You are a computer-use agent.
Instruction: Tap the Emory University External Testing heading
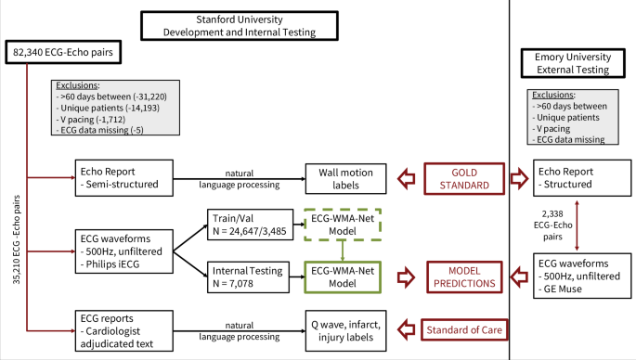tap(574, 62)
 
